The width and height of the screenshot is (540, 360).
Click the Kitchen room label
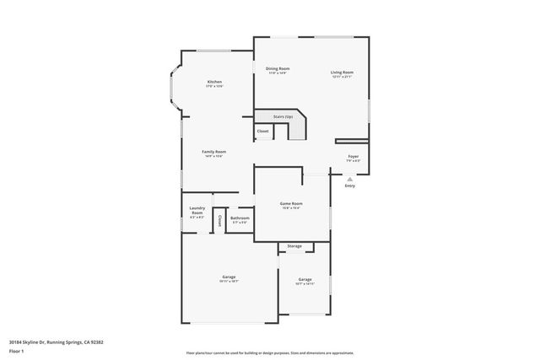pyautogui.click(x=214, y=82)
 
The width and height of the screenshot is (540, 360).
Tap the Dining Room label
pyautogui.click(x=278, y=68)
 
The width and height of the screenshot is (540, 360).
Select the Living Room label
pyautogui.click(x=342, y=73)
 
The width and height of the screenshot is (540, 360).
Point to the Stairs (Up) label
pyautogui.click(x=283, y=116)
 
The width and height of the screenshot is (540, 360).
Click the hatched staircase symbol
pyautogui.click(x=298, y=129)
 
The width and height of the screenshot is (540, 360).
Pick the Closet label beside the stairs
pyautogui.click(x=262, y=132)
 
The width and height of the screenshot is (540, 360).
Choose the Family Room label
pyautogui.click(x=213, y=152)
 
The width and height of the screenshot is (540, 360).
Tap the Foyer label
pyautogui.click(x=353, y=157)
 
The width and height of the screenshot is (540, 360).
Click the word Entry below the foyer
pyautogui.click(x=349, y=185)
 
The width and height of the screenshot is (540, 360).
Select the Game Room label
pyautogui.click(x=291, y=203)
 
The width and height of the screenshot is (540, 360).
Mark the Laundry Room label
pyautogui.click(x=197, y=211)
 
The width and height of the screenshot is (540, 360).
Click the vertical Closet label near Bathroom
pyautogui.click(x=219, y=220)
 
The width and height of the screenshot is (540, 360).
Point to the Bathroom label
pyautogui.click(x=240, y=218)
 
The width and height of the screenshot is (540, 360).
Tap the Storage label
pyautogui.click(x=294, y=246)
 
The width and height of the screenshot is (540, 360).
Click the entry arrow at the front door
pyautogui.click(x=349, y=178)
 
